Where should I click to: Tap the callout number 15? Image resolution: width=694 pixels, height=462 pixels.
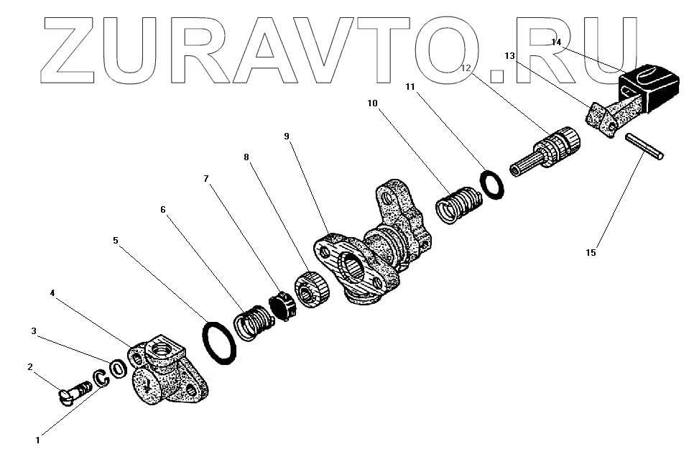tap(591, 252)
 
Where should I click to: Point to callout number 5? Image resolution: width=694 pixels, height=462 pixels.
tap(116, 241)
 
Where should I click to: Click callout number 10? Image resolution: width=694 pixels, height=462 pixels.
tap(372, 103)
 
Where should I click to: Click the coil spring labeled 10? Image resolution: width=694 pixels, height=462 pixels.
tap(458, 203)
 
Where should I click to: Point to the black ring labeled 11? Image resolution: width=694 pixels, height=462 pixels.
tap(492, 183)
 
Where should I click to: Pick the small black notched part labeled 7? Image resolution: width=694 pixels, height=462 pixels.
tap(282, 305)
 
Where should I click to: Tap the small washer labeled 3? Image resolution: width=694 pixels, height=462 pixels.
tap(119, 366)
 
